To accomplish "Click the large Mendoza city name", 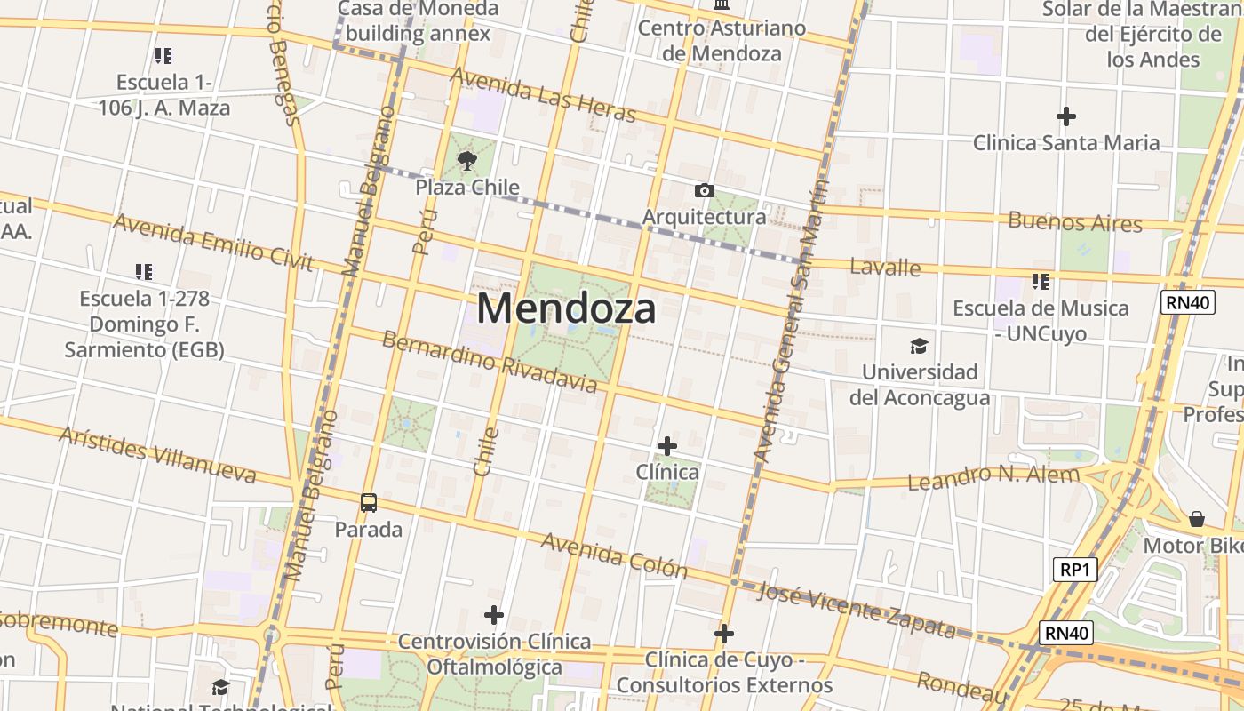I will tap(566, 308).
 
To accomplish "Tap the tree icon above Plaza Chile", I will tap(467, 161).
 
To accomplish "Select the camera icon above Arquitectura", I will tap(704, 190).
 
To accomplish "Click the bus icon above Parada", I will tap(369, 502).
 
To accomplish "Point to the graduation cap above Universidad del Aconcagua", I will tap(919, 346).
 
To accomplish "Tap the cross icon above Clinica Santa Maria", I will tap(1066, 116).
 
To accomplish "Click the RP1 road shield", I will tap(1074, 570).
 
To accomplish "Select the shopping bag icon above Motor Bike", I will tap(1197, 518).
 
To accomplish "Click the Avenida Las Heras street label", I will tap(543, 94).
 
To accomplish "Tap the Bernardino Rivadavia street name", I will tap(490, 362).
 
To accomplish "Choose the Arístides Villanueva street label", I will tap(157, 454).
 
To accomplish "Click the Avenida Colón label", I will tap(614, 555).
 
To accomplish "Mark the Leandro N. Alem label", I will tap(993, 477).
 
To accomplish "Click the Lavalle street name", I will tap(885, 267).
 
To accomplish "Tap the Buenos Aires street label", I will tap(1075, 220).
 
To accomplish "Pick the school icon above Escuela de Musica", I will tap(1041, 282).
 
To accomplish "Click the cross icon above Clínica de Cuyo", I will tap(724, 634).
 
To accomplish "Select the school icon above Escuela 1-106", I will tap(163, 56).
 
